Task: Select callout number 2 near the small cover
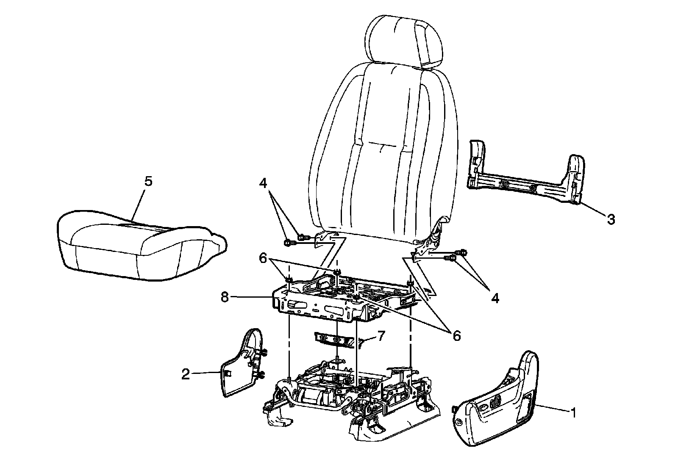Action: tap(186, 374)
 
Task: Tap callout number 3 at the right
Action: tap(611, 219)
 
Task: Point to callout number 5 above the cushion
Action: tap(148, 181)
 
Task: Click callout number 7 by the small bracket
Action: tap(381, 337)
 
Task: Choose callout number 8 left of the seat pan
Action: tap(225, 297)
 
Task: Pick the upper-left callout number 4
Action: tap(264, 184)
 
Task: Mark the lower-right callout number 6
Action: tap(456, 336)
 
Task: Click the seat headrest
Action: tap(406, 42)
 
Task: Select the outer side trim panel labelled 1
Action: tap(496, 402)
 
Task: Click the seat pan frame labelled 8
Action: tap(322, 301)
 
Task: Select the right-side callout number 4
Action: tap(495, 298)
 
